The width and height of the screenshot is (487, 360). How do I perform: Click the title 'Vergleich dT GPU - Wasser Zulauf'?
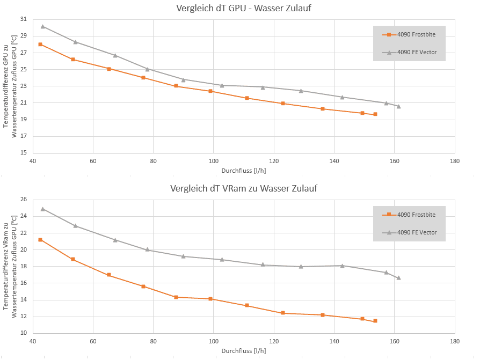click(243, 9)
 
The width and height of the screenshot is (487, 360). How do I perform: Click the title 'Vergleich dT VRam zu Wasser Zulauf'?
click(243, 188)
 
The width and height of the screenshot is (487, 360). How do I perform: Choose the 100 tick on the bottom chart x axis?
click(214, 341)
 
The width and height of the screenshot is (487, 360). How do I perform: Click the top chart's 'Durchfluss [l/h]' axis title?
click(243, 171)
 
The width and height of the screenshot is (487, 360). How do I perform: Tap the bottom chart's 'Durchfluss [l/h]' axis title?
click(243, 351)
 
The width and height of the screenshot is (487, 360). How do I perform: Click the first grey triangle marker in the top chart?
click(43, 26)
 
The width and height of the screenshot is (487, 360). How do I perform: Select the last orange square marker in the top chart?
click(375, 114)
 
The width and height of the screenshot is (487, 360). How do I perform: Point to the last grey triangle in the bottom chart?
click(398, 278)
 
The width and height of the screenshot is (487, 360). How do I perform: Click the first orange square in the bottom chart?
click(40, 240)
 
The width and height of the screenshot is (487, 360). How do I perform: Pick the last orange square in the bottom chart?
click(375, 321)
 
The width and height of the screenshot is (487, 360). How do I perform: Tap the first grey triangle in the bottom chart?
click(43, 209)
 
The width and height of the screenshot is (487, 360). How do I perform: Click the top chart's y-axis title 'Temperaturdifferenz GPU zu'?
click(6, 86)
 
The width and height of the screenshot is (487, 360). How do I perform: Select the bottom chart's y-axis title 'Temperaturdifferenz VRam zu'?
click(6, 266)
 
